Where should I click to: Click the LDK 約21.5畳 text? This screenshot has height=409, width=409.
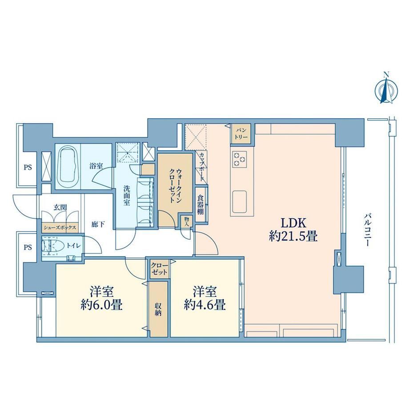tap(293, 229)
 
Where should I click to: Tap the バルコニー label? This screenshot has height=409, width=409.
tap(368, 230)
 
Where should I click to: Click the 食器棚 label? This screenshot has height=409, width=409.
tap(200, 204)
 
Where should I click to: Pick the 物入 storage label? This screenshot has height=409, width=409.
tap(186, 222)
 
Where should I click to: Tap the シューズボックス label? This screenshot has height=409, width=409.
tap(60, 228)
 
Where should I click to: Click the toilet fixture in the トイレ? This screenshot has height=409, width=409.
tap(52, 246)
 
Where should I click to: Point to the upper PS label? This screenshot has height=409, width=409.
tap(28, 167)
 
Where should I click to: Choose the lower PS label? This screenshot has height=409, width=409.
tap(28, 247)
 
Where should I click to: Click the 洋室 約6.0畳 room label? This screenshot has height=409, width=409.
tap(101, 298)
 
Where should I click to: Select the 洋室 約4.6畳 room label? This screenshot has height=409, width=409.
tap(204, 298)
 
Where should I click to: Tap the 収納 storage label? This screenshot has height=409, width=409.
tap(158, 309)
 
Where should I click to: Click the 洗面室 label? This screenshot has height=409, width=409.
tap(127, 196)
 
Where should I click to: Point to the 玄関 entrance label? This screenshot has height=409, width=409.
tap(60, 207)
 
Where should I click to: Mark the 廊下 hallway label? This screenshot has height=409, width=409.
tap(98, 224)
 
